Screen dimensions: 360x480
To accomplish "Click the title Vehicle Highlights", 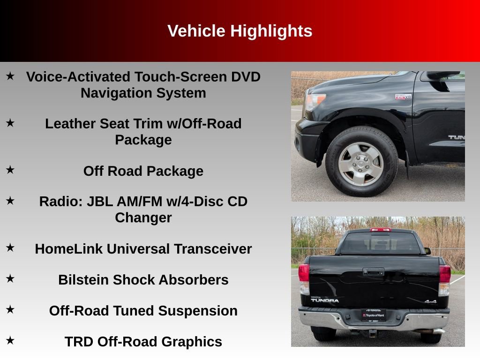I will tap(240, 31).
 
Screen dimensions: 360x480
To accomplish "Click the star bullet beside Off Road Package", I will tap(10, 170).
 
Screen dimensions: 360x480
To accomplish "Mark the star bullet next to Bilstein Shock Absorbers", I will tap(10, 279).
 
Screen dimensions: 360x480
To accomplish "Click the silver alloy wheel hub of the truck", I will tap(361, 164).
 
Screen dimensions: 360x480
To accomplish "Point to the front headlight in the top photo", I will tap(315, 101).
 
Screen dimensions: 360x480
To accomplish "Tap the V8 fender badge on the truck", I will tap(403, 97).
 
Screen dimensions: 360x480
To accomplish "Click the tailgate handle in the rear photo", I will tap(373, 271).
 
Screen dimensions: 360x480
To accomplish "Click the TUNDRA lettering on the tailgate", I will tap(325, 300).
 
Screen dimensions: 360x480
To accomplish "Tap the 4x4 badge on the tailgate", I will tap(430, 301).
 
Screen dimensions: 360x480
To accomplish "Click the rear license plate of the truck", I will tap(374, 315).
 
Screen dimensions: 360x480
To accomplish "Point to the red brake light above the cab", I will tap(380, 230).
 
